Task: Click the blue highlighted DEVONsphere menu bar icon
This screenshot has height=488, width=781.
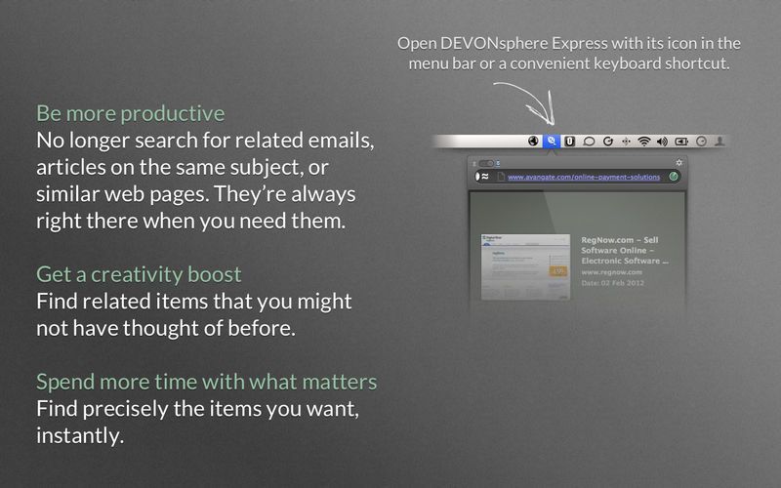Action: click(x=552, y=141)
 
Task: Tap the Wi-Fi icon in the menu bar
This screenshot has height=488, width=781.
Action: click(x=643, y=141)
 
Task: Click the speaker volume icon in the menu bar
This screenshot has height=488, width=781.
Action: click(x=662, y=141)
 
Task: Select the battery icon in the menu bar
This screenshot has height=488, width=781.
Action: click(x=680, y=141)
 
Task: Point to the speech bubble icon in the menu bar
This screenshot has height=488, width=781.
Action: click(x=589, y=141)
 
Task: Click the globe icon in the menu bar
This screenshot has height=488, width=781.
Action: click(x=533, y=141)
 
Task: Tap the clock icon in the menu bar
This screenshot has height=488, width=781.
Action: click(x=701, y=141)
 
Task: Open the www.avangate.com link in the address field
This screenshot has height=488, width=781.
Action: click(x=584, y=177)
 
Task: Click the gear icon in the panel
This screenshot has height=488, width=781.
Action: click(x=679, y=162)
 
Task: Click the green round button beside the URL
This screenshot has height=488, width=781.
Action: click(x=674, y=177)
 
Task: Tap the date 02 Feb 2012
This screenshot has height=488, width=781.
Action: click(x=613, y=283)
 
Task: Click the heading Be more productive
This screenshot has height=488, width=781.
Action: click(x=130, y=112)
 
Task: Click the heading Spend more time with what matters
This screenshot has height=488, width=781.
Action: click(x=207, y=381)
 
